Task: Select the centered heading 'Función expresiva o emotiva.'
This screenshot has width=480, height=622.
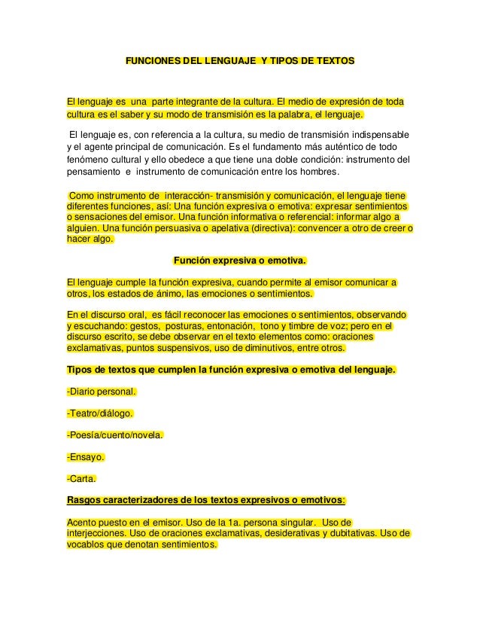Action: (x=240, y=261)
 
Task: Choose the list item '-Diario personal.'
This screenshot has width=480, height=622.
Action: (x=102, y=392)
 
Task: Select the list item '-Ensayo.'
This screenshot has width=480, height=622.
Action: (x=85, y=457)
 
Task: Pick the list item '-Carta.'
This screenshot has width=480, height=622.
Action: (x=82, y=478)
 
